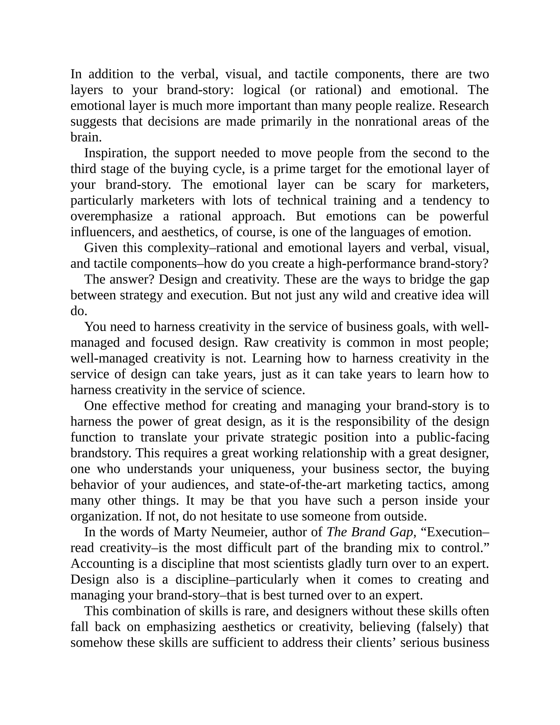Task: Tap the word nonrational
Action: [386, 121]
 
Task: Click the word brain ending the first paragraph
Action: [86, 137]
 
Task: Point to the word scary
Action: [381, 185]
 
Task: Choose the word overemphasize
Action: [112, 216]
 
